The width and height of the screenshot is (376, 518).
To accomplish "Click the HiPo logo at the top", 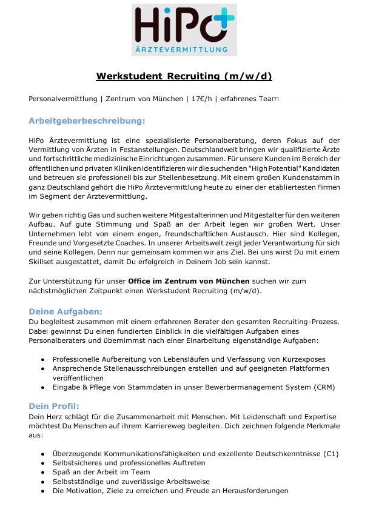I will click(x=184, y=30).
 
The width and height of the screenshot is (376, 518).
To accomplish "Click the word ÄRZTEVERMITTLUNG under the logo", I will click(x=184, y=48).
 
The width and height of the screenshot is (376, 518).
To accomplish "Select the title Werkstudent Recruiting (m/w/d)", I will click(x=184, y=76).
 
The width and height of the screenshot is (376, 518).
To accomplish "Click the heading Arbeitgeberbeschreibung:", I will click(x=87, y=121).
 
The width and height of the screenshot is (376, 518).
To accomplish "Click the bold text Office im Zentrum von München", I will click(x=189, y=281).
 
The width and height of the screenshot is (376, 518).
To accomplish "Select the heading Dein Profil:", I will click(x=54, y=406).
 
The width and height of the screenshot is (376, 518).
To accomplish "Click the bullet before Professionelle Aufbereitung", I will click(x=42, y=359).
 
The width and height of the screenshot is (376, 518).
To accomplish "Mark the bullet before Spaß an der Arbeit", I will click(x=42, y=473).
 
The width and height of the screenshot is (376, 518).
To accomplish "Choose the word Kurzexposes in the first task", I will click(x=301, y=359).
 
